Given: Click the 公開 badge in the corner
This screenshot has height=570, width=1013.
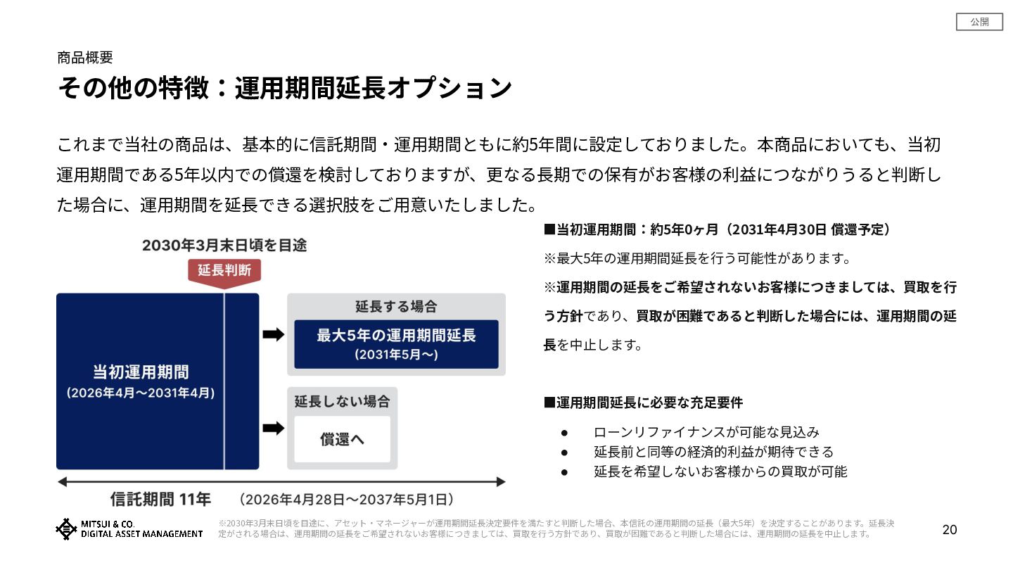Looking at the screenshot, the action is click(979, 23).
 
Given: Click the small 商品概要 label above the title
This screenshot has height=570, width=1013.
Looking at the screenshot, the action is click(85, 58).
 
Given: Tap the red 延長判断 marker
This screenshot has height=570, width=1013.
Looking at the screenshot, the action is click(224, 271).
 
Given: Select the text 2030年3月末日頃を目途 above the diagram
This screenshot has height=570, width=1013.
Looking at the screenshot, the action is click(224, 246).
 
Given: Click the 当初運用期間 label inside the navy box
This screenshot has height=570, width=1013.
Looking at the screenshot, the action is click(141, 372).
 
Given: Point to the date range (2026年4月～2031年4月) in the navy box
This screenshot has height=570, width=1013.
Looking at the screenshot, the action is click(141, 393).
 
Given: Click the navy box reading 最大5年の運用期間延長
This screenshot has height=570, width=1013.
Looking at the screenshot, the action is click(396, 343).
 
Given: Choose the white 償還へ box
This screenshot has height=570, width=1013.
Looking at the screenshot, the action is click(342, 439).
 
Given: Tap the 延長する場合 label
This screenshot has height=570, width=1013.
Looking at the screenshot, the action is click(396, 307).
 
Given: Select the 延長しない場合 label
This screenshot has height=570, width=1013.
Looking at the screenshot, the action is click(342, 401).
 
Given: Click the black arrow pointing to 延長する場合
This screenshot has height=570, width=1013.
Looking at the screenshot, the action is click(273, 334).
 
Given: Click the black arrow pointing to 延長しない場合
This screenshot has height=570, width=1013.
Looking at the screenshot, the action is click(273, 428).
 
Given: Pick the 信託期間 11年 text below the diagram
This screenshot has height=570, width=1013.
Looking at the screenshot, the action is click(160, 500).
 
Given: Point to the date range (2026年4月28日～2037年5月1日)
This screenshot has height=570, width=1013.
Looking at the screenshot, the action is click(345, 500).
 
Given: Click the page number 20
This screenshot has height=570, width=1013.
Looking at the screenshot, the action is click(950, 530).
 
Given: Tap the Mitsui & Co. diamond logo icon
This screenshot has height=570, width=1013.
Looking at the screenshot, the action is click(66, 529).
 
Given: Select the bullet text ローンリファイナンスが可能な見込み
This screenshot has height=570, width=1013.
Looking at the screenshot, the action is click(706, 432).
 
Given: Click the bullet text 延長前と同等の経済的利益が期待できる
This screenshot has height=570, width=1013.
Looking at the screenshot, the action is click(713, 452).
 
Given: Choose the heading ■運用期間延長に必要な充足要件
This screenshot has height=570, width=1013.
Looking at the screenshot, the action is click(643, 403).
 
